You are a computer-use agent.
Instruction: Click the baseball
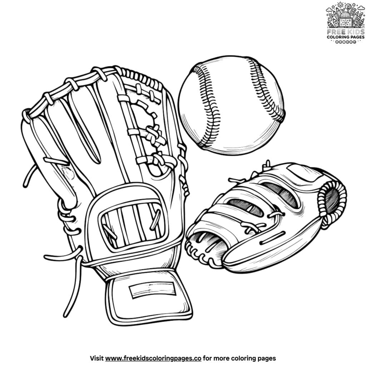[x=232, y=105]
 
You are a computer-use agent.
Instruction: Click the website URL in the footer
[x=153, y=358]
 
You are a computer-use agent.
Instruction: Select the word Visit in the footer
[x=97, y=358]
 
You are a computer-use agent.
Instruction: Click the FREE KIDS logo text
[x=346, y=32]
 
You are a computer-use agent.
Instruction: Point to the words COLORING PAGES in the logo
[x=346, y=37]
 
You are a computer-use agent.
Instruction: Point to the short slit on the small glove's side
[x=272, y=238]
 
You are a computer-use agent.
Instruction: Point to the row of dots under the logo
[x=346, y=42]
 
